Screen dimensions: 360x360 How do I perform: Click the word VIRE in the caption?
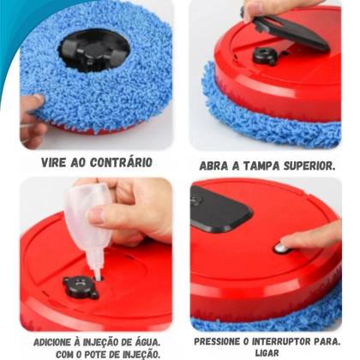pyautogui.click(x=57, y=162)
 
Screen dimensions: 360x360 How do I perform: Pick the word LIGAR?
pyautogui.click(x=267, y=353)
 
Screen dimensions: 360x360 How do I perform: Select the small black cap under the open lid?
pyautogui.click(x=265, y=57)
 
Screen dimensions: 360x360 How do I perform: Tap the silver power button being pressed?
pyautogui.click(x=280, y=249)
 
